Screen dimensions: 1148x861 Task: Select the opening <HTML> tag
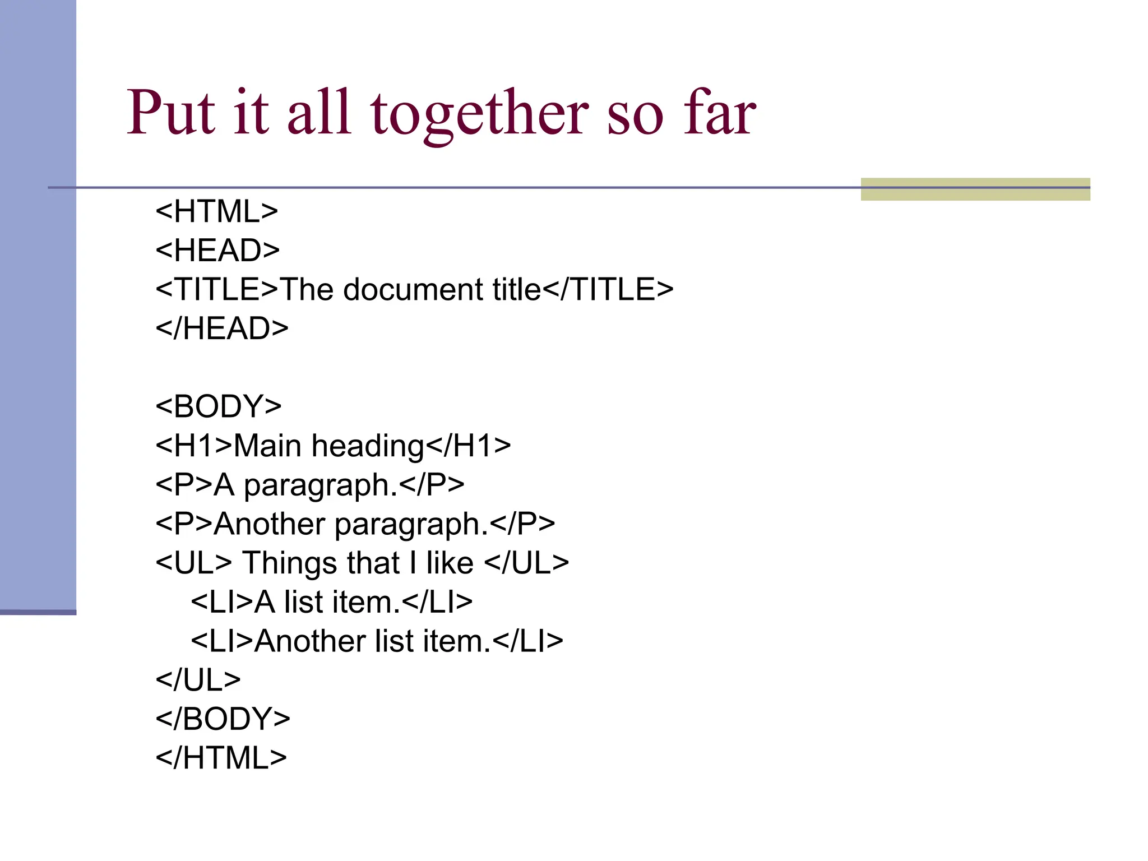[x=217, y=212]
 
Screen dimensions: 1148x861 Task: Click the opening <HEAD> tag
[x=217, y=251]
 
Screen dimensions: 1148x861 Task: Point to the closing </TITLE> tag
[x=608, y=290]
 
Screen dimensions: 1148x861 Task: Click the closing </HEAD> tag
[x=222, y=328]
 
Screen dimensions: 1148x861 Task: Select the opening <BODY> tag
[x=219, y=406]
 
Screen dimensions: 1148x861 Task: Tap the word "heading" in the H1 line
[x=368, y=447]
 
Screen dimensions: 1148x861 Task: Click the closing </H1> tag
[x=469, y=446]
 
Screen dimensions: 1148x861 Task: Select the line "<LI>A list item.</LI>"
[x=331, y=602]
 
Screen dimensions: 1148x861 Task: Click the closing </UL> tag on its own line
[x=198, y=680]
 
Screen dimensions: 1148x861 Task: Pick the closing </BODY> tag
[x=223, y=719]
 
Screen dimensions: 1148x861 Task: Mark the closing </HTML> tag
[x=221, y=758]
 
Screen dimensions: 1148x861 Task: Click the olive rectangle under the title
[x=975, y=189]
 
